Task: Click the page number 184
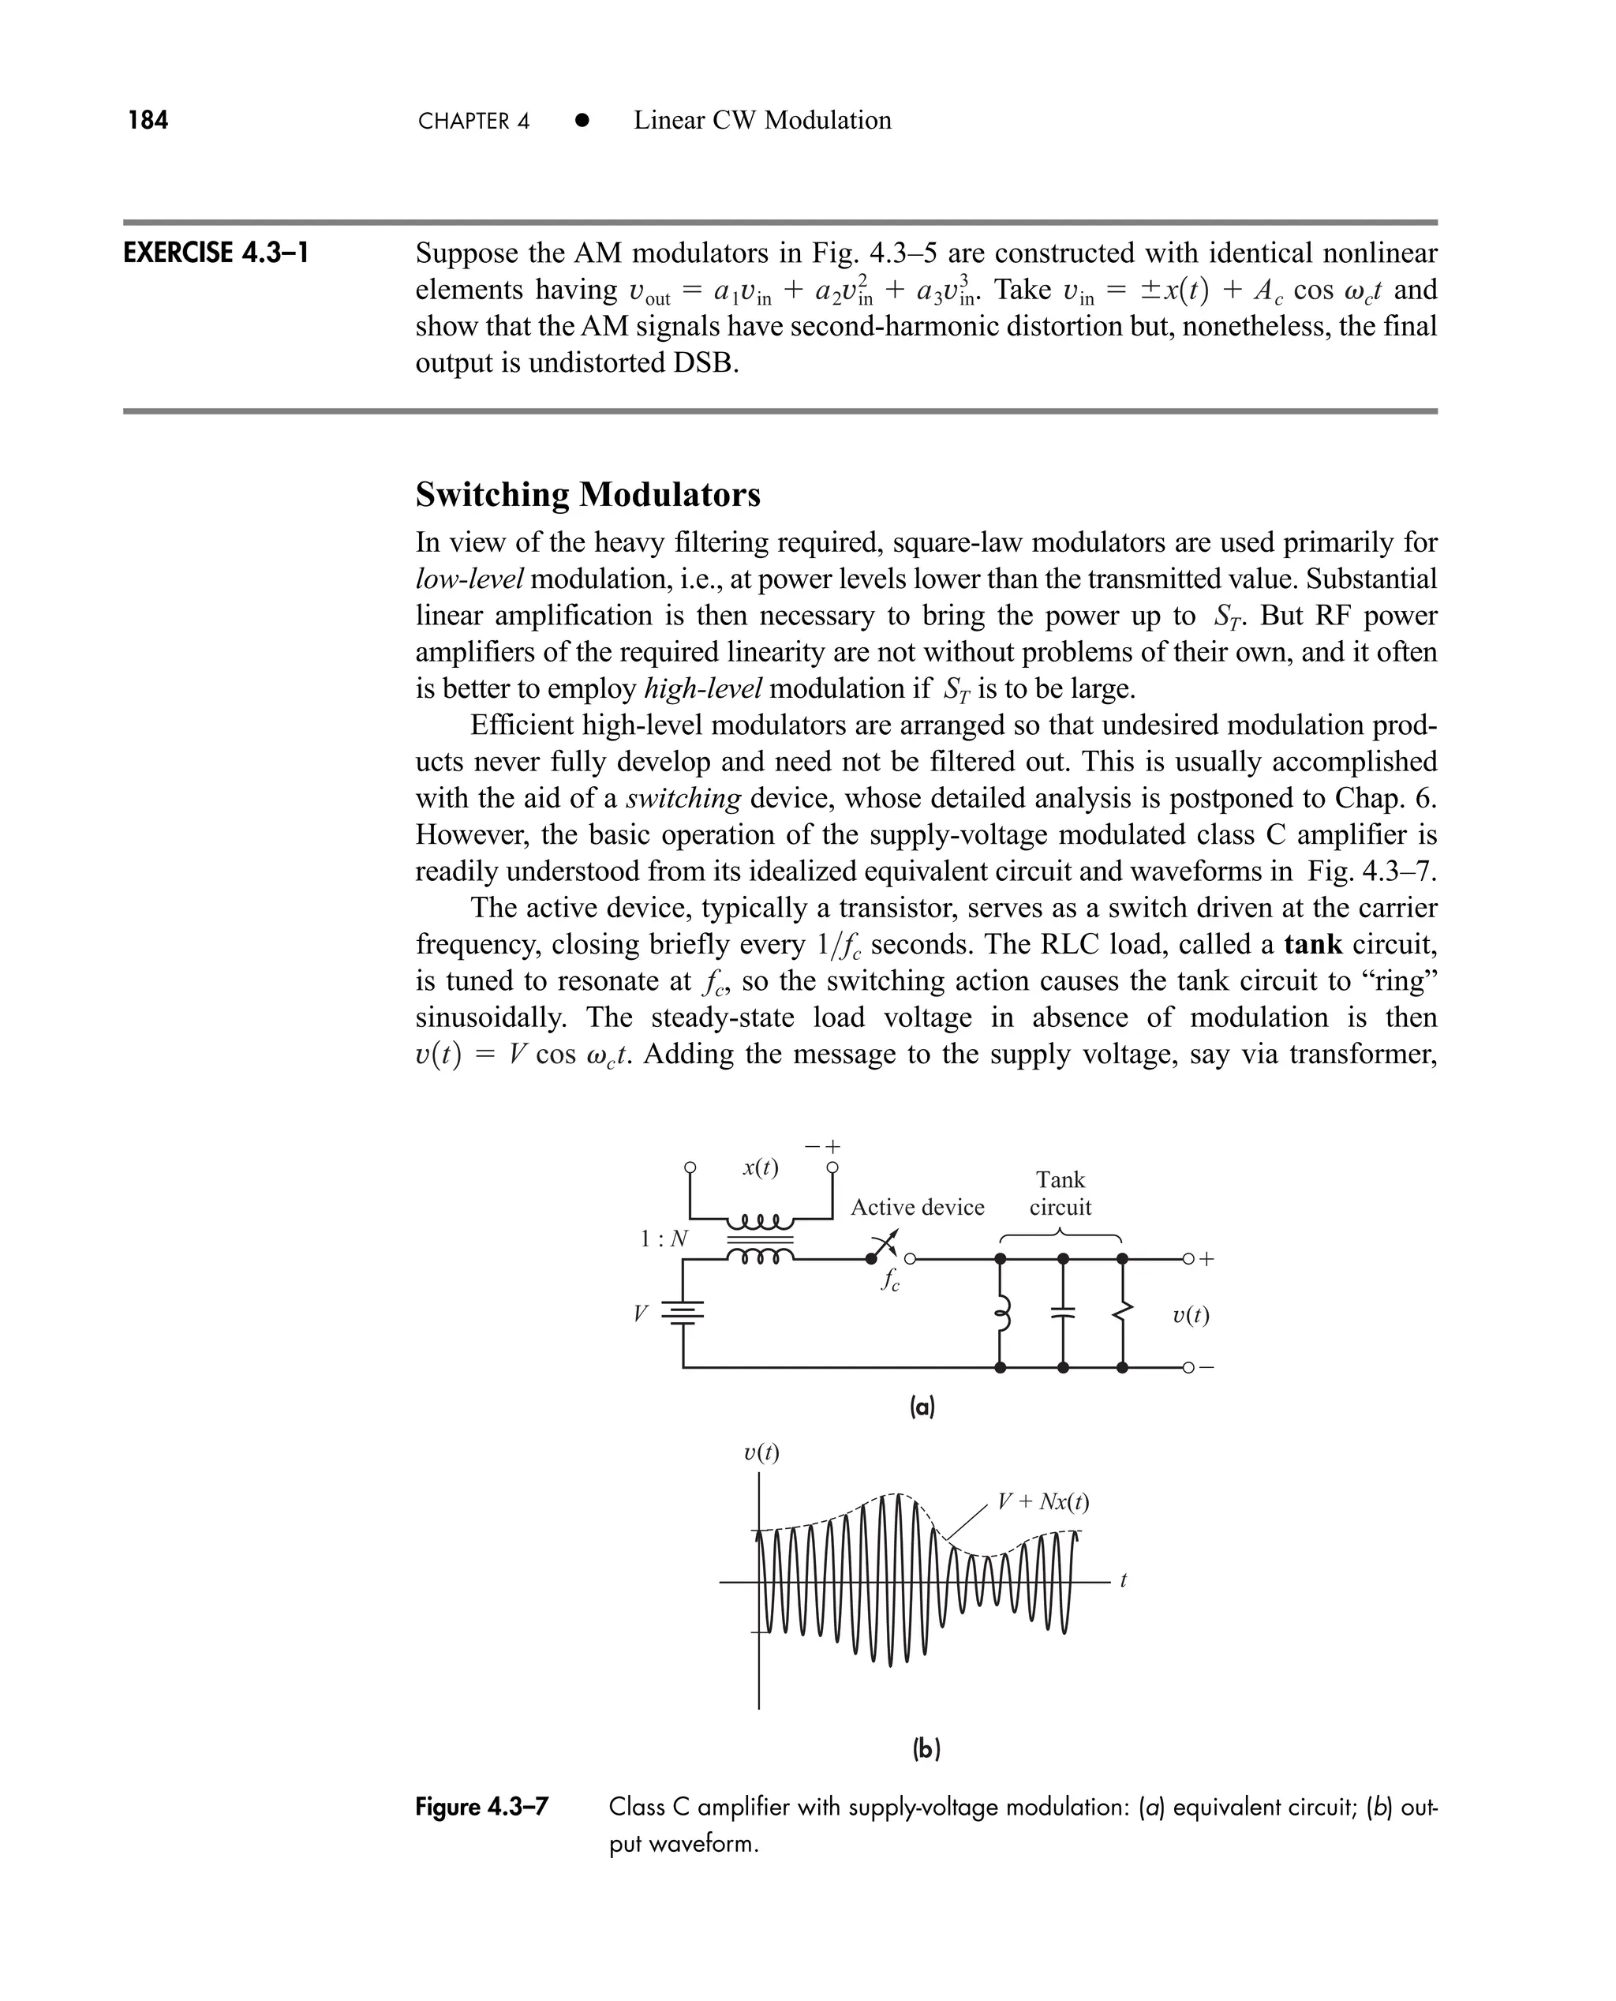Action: [148, 120]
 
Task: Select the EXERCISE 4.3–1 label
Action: [216, 253]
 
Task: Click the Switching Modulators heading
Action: [587, 494]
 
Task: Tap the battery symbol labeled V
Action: [683, 1313]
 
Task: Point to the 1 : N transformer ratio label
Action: [664, 1239]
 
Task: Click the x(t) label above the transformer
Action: [761, 1167]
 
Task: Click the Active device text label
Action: [917, 1208]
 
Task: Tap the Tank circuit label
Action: [1060, 1193]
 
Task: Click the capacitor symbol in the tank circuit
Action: [1063, 1313]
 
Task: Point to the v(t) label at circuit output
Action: [1191, 1315]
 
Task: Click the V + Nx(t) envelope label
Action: [1042, 1502]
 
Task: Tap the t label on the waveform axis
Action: [1124, 1580]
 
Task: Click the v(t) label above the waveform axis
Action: [761, 1452]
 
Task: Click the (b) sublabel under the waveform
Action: [926, 1750]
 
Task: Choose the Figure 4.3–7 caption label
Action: [481, 1808]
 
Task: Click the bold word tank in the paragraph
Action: [1311, 944]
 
